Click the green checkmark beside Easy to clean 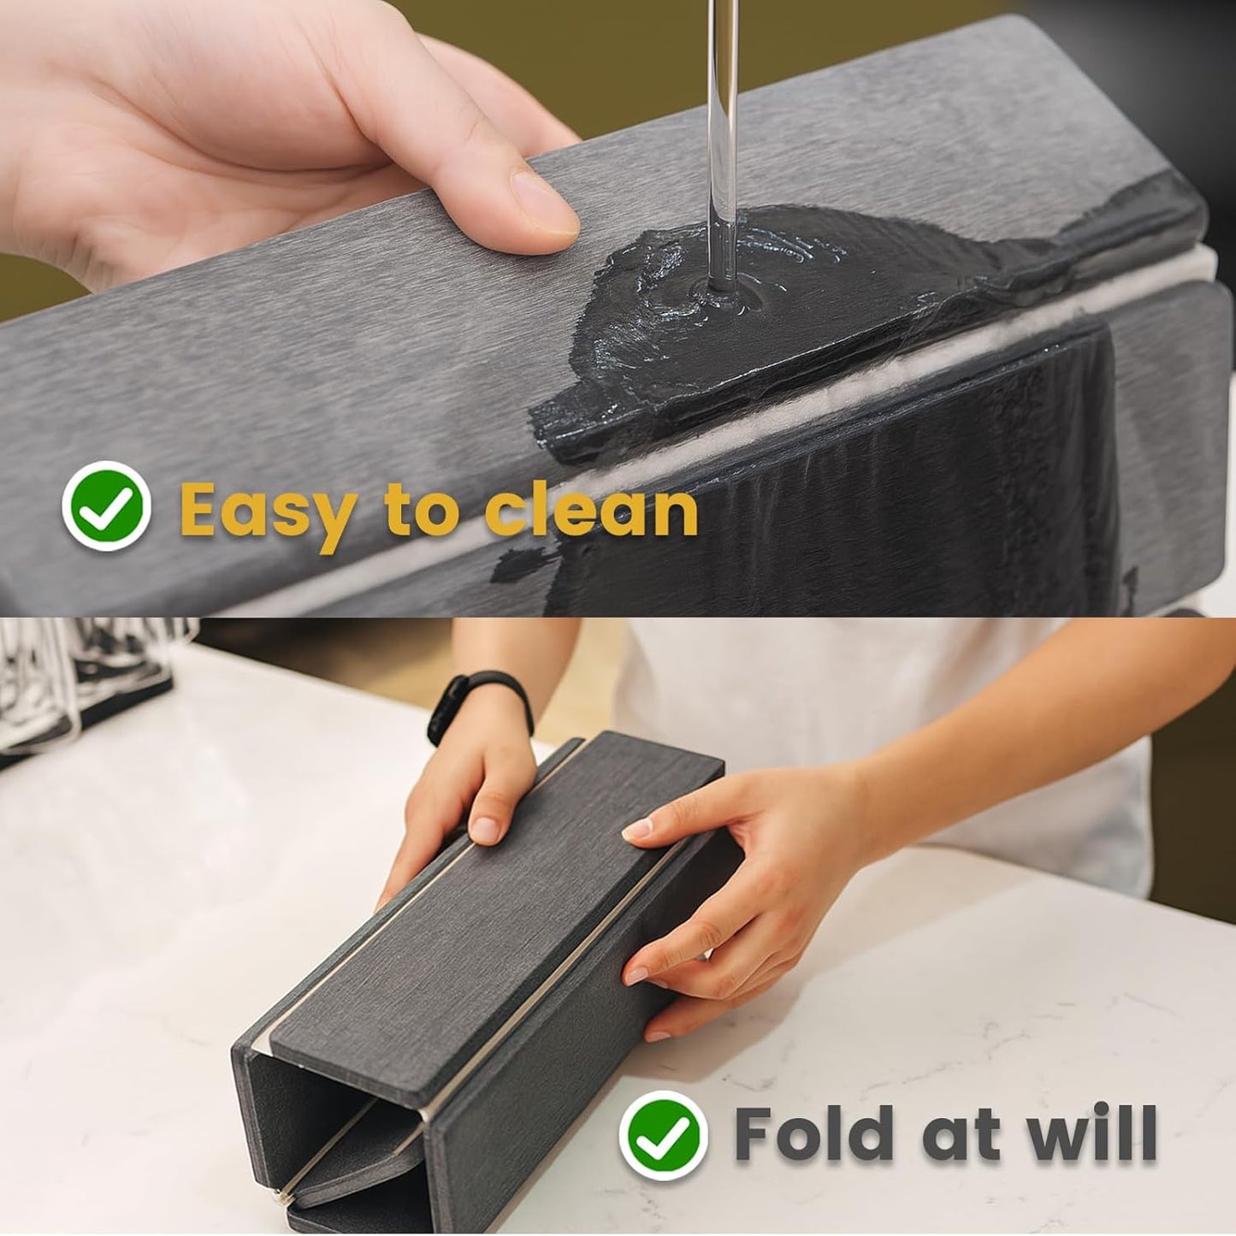tap(107, 506)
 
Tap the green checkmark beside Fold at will tap(663, 1135)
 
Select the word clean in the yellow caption tap(590, 510)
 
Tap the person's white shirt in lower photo tap(855, 701)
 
